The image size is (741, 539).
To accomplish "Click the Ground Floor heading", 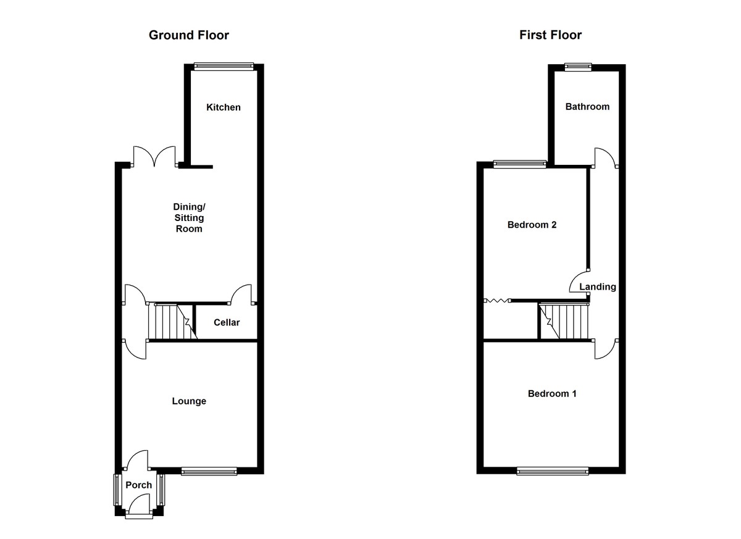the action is click(188, 35).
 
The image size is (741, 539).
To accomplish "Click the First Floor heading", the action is click(550, 35).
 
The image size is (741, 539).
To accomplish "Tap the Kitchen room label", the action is click(224, 107).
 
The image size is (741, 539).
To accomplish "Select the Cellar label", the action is click(227, 322).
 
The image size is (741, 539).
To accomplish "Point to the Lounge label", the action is click(189, 401).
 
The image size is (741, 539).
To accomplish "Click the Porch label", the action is click(138, 485).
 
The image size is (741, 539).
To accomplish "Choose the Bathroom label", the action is click(587, 106).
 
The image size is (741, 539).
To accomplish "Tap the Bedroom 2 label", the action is click(532, 225).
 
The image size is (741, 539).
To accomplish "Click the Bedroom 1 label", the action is click(552, 393).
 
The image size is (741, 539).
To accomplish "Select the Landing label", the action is click(598, 286).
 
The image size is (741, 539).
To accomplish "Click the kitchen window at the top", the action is click(224, 67).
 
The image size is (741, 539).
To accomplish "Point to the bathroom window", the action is click(578, 67).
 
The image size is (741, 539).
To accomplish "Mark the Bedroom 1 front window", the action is click(553, 471).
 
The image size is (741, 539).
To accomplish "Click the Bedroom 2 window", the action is click(519, 164).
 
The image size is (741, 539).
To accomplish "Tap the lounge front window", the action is click(209, 471).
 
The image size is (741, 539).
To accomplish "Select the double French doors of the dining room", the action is click(154, 157).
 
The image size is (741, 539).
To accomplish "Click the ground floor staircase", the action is click(173, 322).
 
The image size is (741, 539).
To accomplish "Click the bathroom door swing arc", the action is click(605, 157).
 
